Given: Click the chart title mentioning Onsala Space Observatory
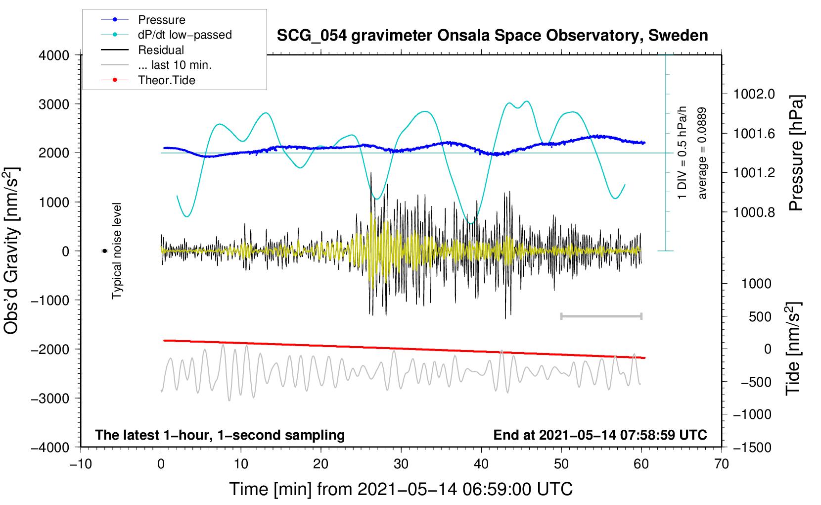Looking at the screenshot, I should (492, 36).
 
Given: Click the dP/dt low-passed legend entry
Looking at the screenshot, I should (184, 35).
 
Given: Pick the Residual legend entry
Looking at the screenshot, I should (161, 50).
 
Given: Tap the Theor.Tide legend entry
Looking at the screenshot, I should (166, 80).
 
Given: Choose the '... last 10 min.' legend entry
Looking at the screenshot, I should (175, 65).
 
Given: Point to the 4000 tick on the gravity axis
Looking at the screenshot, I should (54, 55).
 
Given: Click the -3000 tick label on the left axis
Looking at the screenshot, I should (50, 399).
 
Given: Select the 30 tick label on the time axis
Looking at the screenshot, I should (401, 464).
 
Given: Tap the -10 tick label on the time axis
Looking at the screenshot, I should (81, 464).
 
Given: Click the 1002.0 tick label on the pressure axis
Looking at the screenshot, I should (754, 94).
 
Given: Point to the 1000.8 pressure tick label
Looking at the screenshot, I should (754, 212).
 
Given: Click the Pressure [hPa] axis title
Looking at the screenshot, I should (796, 153).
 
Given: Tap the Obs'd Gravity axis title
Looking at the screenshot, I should (12, 251).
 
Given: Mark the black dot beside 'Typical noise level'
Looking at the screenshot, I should (105, 251).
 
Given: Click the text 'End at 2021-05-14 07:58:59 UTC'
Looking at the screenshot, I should (600, 435).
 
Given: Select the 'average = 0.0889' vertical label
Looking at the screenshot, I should (702, 153).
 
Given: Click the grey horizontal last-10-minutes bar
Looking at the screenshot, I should (601, 316).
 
